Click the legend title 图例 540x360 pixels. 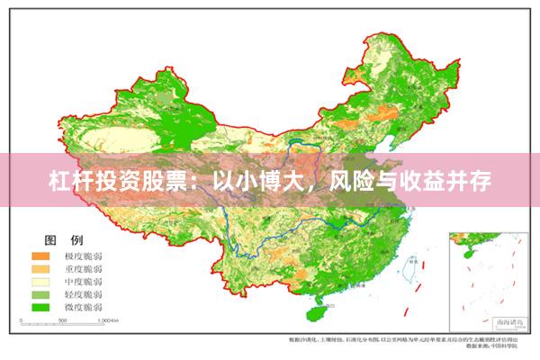64,240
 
